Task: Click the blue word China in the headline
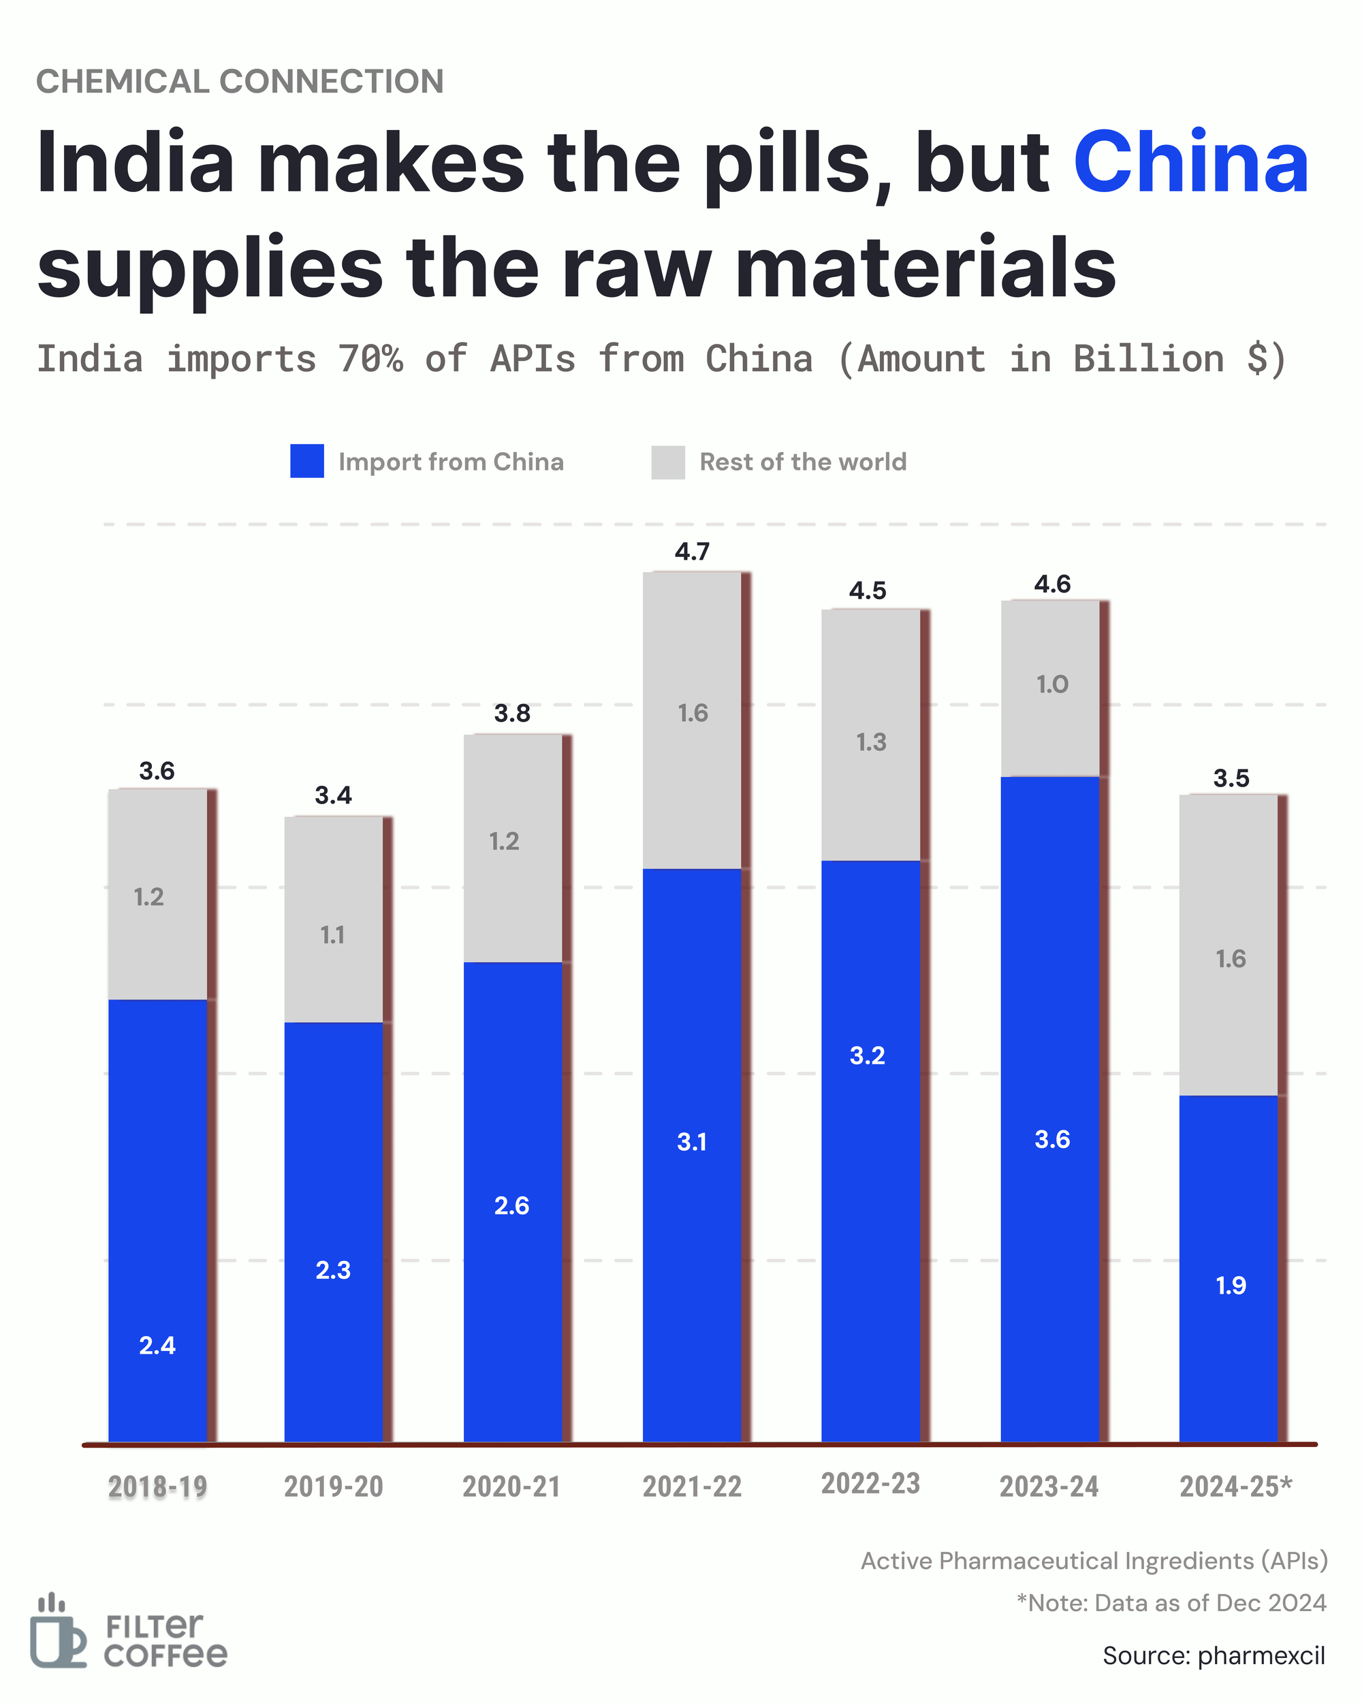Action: [1190, 162]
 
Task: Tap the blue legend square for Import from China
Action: [306, 461]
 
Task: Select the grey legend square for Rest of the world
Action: [667, 462]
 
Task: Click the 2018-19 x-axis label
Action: [157, 1486]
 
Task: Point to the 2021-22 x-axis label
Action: [692, 1486]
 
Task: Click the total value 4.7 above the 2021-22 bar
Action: [692, 552]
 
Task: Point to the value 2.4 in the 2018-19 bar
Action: [157, 1346]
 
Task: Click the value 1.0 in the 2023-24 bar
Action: [1052, 684]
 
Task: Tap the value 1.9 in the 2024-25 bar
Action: [1231, 1285]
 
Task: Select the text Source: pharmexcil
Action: [1214, 1655]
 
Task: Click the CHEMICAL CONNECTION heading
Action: [240, 81]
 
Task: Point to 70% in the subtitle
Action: [370, 360]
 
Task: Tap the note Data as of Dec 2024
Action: [1171, 1603]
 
